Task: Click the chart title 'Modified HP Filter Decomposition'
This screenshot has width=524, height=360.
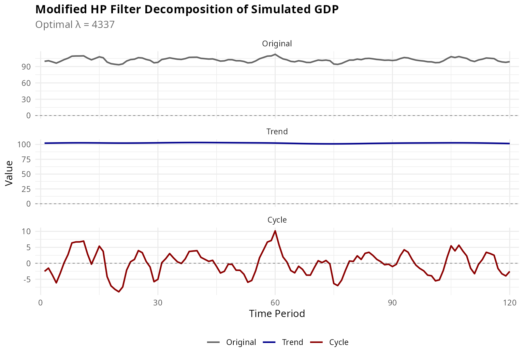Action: pos(187,10)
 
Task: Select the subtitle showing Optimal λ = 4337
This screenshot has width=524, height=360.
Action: pos(75,25)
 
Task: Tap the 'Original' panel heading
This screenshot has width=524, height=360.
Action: pos(277,44)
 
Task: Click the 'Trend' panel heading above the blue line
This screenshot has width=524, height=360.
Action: pos(277,132)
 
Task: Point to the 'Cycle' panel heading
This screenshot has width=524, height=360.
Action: pos(277,220)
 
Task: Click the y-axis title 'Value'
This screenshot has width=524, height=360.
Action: pos(9,173)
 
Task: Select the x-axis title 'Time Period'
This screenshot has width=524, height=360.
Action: pos(277,314)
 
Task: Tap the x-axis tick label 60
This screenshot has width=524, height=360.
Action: pos(275,303)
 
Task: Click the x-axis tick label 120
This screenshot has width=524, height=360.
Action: pos(509,303)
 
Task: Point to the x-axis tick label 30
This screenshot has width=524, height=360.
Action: pos(158,303)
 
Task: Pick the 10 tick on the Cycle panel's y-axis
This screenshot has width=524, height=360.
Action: pos(27,231)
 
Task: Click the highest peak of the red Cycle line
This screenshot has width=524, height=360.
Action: pos(275,231)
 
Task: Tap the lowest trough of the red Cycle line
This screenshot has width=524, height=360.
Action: pos(119,292)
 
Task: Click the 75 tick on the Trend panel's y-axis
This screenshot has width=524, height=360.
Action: pos(26,159)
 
